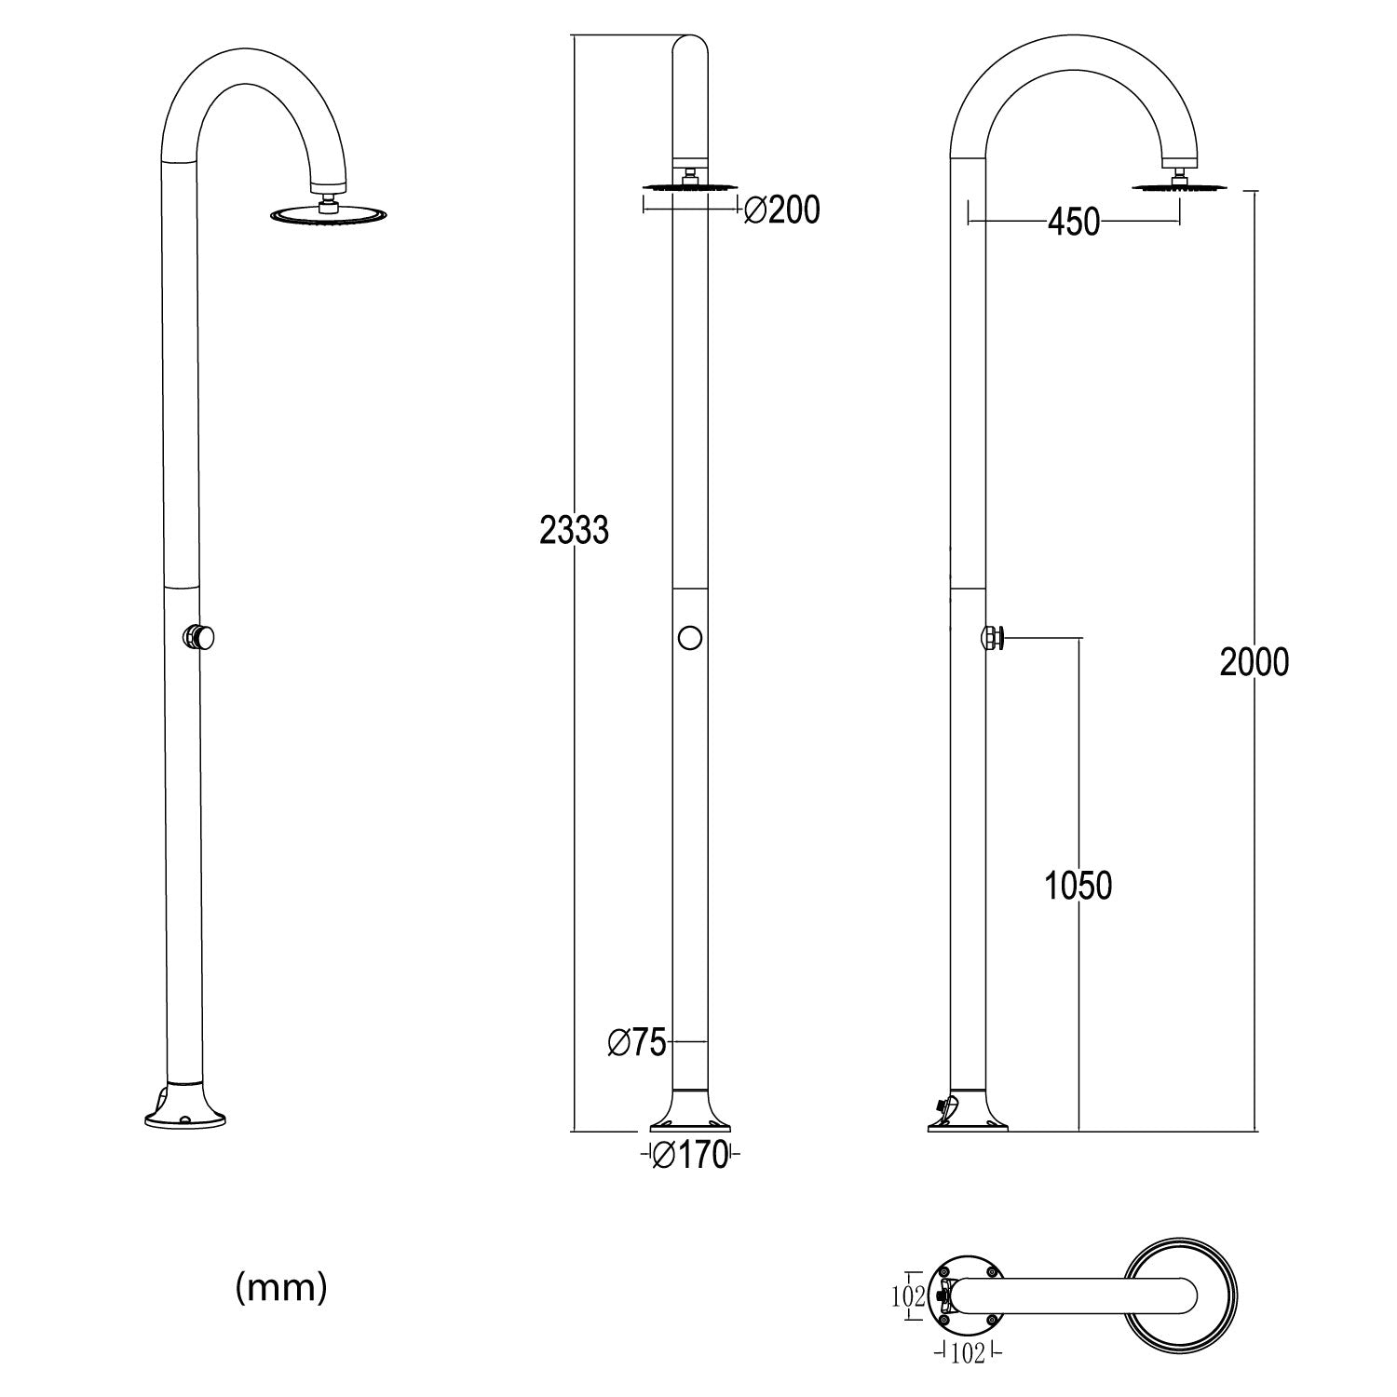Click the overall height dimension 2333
pos(574,530)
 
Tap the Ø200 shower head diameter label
pos(782,211)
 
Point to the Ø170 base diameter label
pos(689,1156)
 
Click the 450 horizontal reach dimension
pos(1074,223)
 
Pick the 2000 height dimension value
pos(1255,662)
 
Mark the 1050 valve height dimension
pos(1078,886)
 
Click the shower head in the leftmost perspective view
pos(327,215)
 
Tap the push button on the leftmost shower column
pos(200,638)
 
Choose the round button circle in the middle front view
pos(689,638)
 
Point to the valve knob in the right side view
pos(993,638)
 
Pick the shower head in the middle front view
pos(689,186)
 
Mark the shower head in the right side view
pos(1181,187)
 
